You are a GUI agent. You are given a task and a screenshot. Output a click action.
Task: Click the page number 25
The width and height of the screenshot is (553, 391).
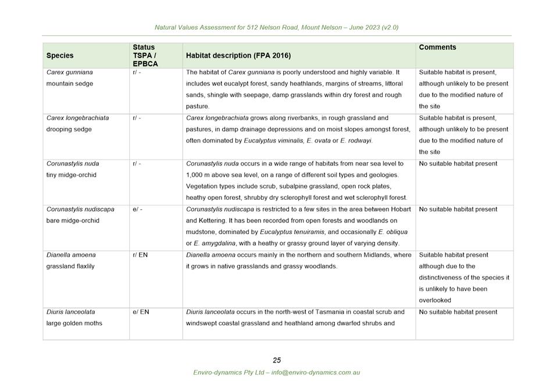277,360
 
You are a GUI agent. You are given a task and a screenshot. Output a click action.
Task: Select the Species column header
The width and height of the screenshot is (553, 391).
60,56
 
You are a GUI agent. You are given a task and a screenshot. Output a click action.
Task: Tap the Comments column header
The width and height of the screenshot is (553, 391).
437,48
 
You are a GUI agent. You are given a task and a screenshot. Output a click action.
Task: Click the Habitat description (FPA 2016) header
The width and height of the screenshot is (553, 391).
238,56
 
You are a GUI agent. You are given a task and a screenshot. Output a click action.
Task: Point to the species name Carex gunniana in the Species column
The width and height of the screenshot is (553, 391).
70,73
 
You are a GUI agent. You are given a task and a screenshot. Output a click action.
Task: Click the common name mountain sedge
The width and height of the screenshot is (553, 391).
70,84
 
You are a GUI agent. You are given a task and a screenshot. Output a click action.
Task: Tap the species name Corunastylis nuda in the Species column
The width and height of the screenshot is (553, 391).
73,164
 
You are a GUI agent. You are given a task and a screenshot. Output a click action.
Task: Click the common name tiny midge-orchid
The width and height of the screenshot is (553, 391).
72,175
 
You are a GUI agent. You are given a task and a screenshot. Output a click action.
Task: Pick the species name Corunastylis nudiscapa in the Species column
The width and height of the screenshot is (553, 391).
80,209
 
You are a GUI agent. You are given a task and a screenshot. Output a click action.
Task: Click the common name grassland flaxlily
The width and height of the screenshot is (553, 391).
70,266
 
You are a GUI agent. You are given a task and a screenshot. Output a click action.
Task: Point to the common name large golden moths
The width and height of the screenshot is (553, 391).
74,323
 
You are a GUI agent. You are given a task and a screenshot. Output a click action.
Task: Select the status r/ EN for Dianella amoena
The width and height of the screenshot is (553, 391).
140,255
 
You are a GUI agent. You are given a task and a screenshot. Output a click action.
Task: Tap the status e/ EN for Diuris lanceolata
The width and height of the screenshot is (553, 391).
141,312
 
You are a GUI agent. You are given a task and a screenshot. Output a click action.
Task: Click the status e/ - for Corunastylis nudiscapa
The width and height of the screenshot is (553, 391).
137,209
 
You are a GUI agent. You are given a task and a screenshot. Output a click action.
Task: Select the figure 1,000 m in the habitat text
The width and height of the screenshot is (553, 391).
200,175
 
